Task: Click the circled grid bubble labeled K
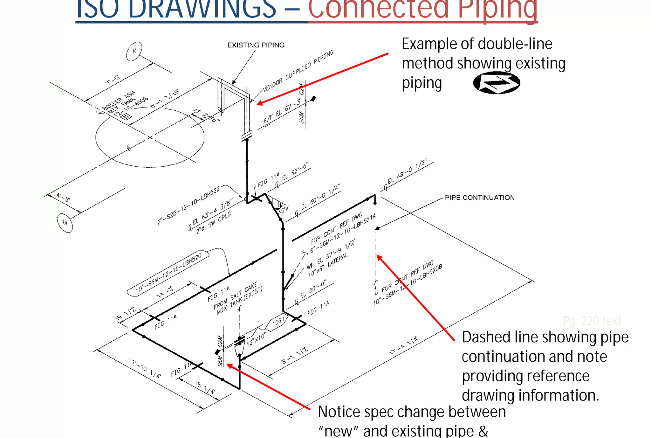(134, 51)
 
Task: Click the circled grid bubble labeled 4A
(65, 223)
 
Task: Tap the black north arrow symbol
(497, 83)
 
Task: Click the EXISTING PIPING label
(256, 45)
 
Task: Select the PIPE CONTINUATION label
(479, 198)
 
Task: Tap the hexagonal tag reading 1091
(278, 321)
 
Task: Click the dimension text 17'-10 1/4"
(145, 368)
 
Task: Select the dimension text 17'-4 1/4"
(403, 345)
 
